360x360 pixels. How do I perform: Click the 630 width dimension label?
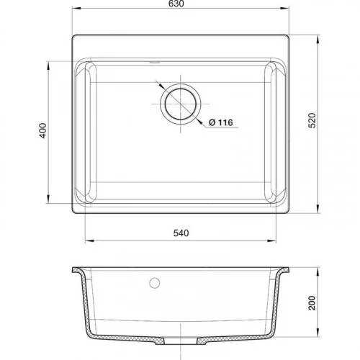click(x=176, y=4)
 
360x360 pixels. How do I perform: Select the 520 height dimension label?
click(x=312, y=120)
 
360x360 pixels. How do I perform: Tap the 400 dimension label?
click(x=43, y=130)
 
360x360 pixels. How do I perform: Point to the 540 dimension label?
click(x=181, y=233)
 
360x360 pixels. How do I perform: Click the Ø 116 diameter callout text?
click(x=221, y=122)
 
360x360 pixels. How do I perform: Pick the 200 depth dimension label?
click(x=312, y=303)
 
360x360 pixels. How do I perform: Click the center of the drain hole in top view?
click(x=181, y=104)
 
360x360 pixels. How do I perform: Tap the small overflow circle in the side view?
click(x=155, y=283)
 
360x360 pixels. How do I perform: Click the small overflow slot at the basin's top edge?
click(x=155, y=63)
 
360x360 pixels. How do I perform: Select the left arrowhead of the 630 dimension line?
click(x=76, y=9)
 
